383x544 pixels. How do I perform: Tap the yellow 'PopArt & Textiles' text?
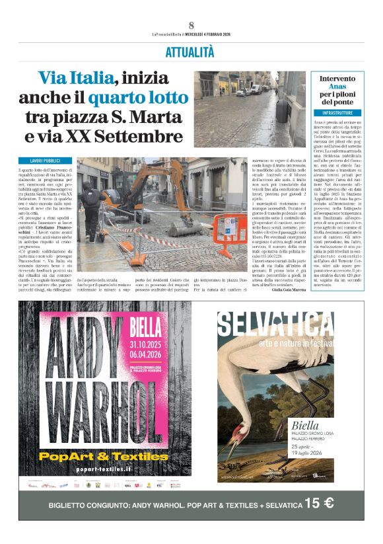click(x=103, y=455)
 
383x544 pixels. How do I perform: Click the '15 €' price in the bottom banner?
click(x=319, y=503)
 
